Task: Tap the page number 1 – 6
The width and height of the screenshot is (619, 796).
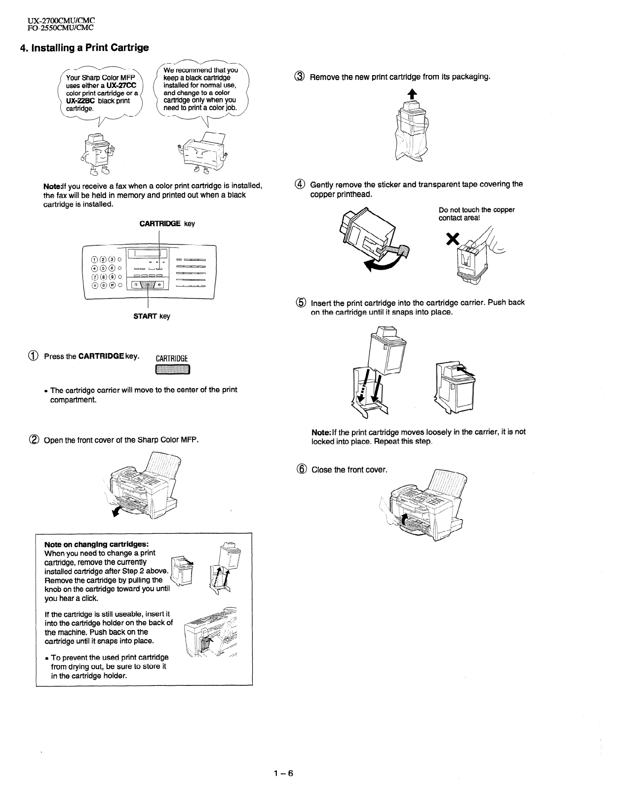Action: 283,773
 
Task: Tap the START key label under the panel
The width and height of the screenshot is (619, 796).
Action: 152,316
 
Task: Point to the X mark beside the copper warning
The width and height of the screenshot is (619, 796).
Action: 450,239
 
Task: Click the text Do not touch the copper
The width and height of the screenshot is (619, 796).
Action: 476,210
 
